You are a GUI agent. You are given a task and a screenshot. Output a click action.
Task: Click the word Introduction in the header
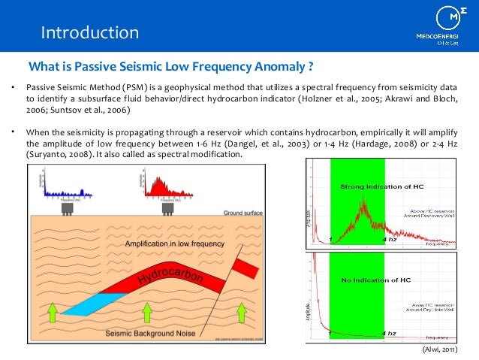89,32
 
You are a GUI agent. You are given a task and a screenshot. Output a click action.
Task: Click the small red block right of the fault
246,266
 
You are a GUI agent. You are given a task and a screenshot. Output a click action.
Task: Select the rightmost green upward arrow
242,310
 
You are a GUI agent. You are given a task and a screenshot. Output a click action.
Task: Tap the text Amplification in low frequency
172,244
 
